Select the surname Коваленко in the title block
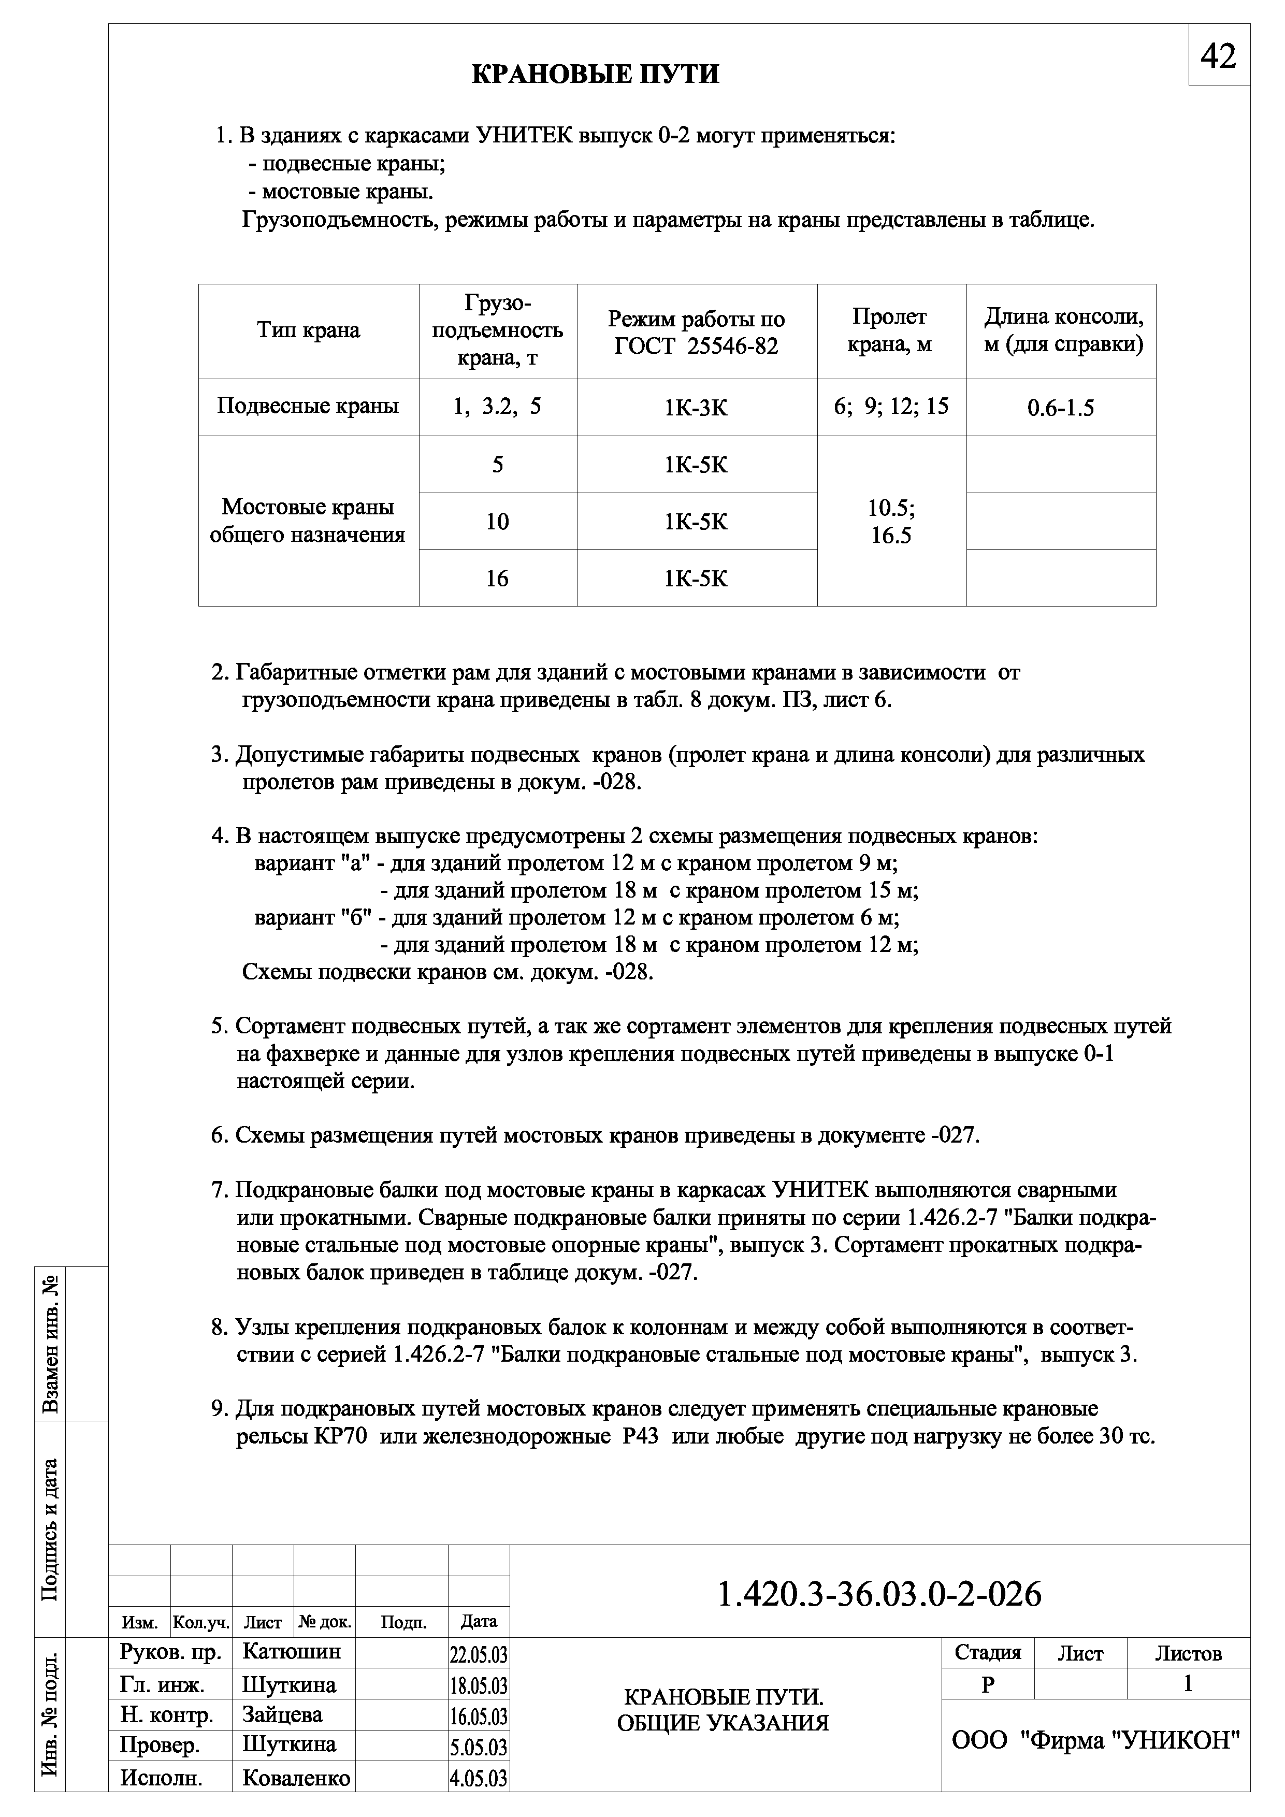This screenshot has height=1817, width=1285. click(296, 1799)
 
